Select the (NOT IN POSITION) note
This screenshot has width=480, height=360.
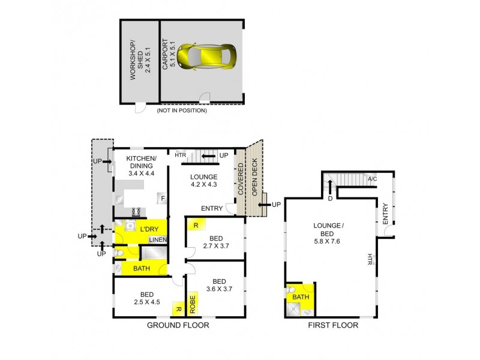tap(182, 110)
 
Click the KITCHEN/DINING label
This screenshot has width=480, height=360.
tap(142, 166)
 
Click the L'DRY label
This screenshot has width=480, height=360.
tap(150, 229)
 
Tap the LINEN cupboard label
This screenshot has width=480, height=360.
tap(157, 241)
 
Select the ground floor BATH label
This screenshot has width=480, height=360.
tap(142, 269)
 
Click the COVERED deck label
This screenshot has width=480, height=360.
tap(241, 180)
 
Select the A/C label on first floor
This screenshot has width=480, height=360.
tap(371, 179)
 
